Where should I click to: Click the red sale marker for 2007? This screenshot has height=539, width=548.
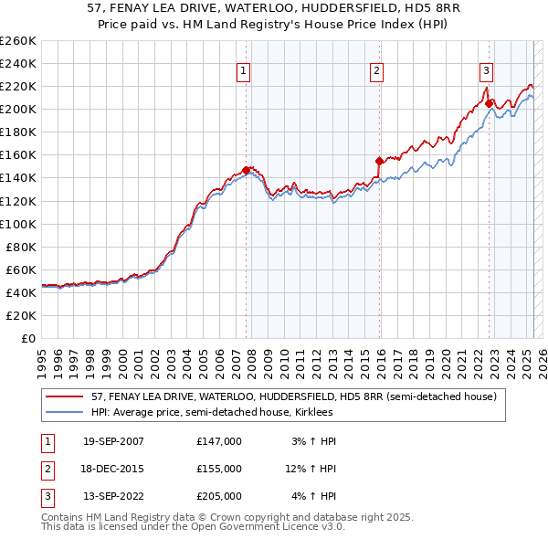(x=247, y=170)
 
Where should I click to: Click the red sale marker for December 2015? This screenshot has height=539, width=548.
(x=379, y=161)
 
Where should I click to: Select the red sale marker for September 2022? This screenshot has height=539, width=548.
(x=489, y=103)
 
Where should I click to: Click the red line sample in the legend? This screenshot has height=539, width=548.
(x=64, y=397)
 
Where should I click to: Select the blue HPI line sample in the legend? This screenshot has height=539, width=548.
(x=64, y=413)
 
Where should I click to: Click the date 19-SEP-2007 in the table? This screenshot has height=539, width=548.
(x=113, y=441)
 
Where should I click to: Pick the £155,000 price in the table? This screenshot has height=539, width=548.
(x=219, y=469)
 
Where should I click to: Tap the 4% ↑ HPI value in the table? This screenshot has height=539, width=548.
(x=314, y=496)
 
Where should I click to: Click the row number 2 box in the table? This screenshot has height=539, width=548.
(x=47, y=469)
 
